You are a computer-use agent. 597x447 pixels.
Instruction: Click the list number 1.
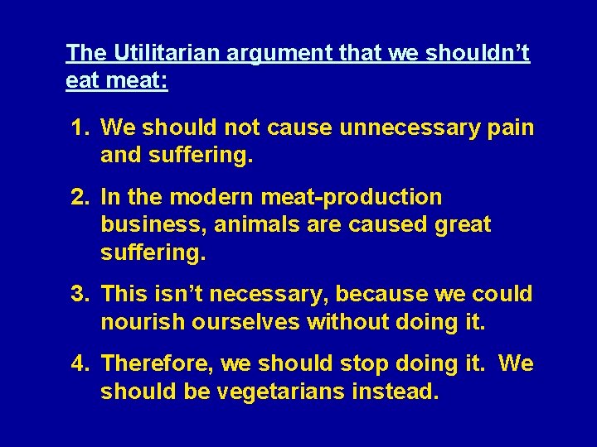coord(79,128)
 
